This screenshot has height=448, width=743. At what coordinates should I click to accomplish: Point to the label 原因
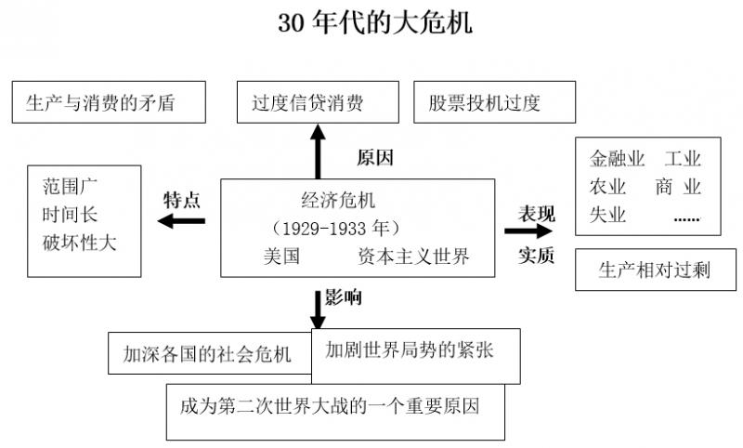pyautogui.click(x=375, y=157)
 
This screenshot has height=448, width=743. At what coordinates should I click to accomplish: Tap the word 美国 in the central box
pyautogui.click(x=282, y=257)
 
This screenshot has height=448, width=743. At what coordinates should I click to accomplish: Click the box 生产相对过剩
pyautogui.click(x=655, y=270)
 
